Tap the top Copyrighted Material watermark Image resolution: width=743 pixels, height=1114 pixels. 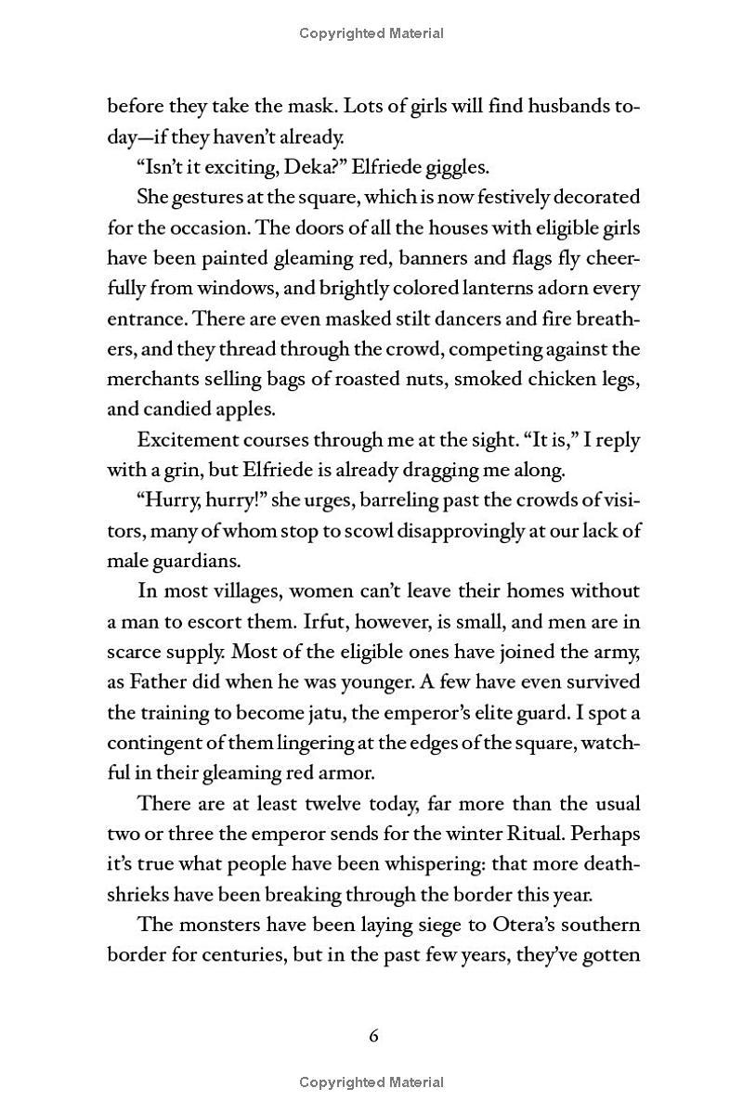click(371, 33)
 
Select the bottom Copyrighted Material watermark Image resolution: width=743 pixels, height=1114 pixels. click(371, 1082)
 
